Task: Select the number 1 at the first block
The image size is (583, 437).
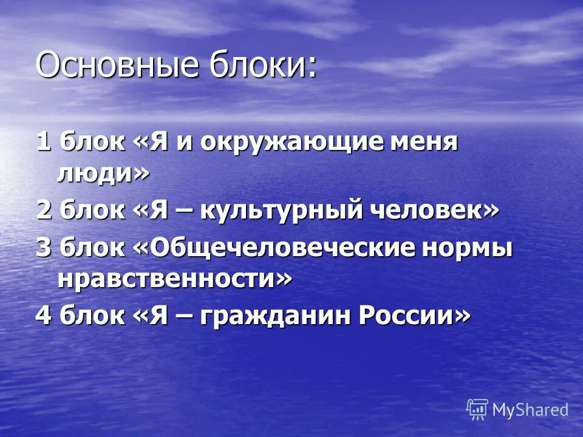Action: [43, 143]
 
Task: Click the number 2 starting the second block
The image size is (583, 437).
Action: [43, 211]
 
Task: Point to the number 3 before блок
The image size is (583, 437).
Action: [43, 248]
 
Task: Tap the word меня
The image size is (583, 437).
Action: [425, 143]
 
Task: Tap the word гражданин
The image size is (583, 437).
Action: [273, 316]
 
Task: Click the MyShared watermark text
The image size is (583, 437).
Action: [530, 410]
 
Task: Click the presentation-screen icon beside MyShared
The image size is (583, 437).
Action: [477, 410]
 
